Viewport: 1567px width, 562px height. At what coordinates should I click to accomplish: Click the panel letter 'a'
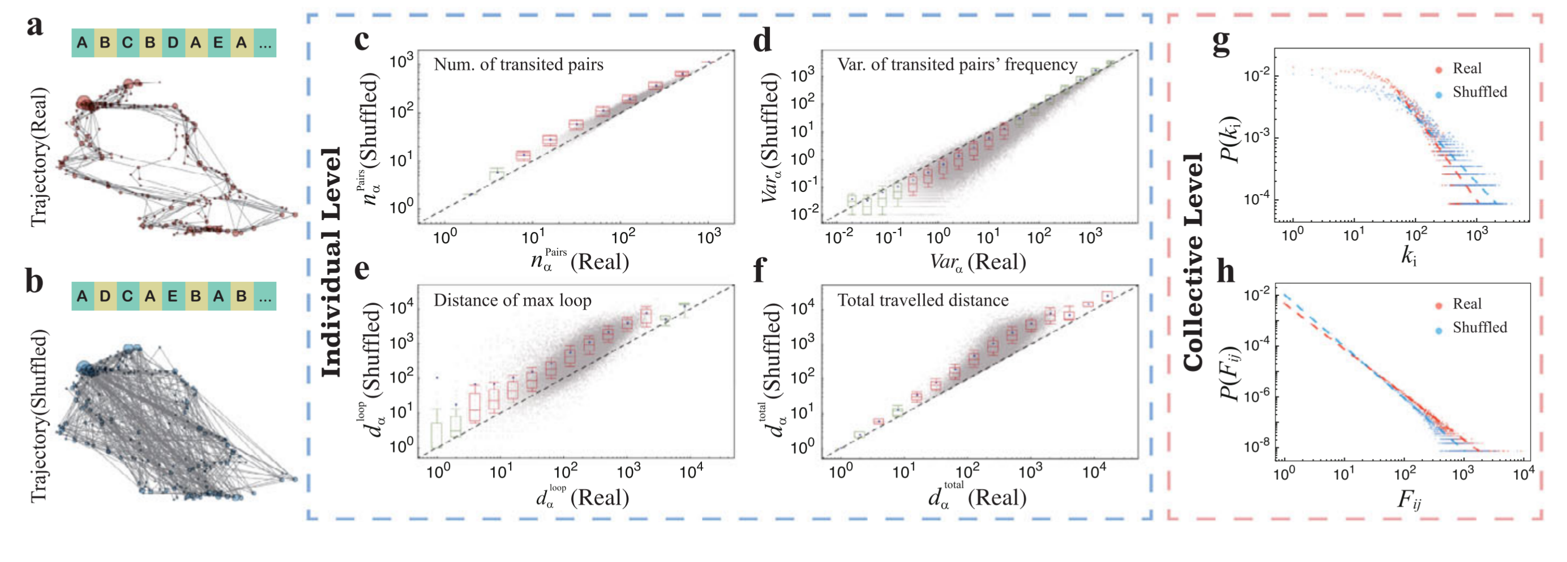35,27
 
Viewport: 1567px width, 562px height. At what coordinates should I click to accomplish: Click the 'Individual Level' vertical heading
332,261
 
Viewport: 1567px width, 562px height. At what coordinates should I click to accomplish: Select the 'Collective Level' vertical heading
1193,261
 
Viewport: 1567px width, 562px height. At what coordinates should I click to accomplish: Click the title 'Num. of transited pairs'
519,65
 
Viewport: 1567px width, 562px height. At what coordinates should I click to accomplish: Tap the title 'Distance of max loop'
512,300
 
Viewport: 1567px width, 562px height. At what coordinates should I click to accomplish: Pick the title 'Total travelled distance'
923,300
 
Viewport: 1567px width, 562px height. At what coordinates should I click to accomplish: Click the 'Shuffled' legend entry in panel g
1479,92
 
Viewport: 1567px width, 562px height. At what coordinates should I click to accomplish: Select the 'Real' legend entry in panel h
1467,303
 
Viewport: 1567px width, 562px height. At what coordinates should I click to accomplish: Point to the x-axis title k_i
1409,256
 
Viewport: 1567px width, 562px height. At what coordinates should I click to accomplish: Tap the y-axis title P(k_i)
1230,139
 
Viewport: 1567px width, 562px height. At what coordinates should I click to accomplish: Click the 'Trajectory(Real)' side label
39,157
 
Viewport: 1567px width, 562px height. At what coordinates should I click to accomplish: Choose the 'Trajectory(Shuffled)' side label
39,416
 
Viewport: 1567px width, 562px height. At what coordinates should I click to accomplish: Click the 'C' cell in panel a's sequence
127,42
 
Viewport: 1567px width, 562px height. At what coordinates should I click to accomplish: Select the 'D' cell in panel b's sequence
105,296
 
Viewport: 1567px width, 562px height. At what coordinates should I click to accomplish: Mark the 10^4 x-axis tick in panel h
1523,474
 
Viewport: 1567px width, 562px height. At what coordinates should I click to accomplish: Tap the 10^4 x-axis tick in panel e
691,471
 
